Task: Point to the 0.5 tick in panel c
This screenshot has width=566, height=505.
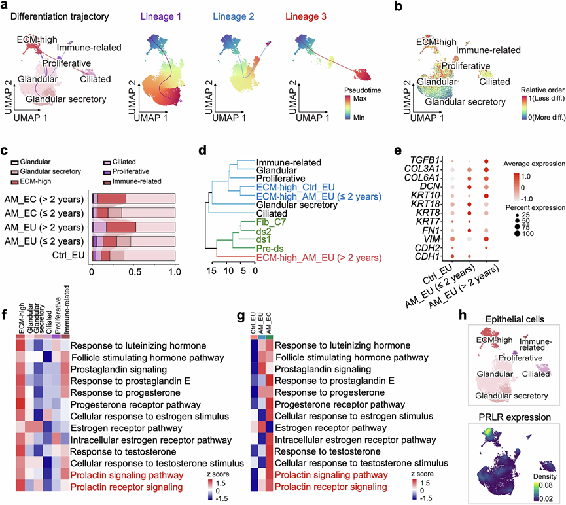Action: [133, 271]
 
